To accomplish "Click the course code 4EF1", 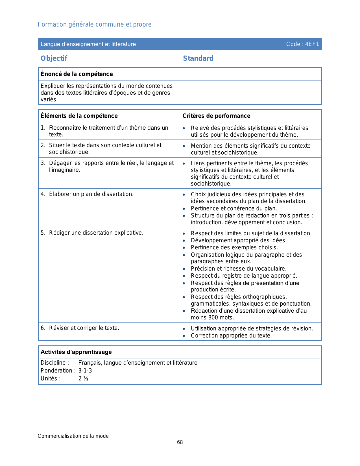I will [x=312, y=44].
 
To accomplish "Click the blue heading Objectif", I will [x=54, y=58].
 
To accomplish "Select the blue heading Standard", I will [x=198, y=58].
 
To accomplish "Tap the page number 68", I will [x=180, y=442].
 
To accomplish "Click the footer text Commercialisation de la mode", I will [x=73, y=436].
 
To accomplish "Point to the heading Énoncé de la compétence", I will [x=77, y=74].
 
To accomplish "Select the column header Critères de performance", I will [x=216, y=116].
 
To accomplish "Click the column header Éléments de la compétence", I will [x=79, y=116].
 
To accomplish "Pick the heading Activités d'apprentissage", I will [x=76, y=352].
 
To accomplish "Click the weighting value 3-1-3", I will [x=85, y=371].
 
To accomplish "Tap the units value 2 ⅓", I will [x=83, y=378].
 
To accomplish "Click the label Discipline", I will [x=54, y=363].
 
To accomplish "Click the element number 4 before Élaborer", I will [x=43, y=194].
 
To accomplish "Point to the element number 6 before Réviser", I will [x=43, y=328].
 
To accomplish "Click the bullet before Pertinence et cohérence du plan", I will [x=184, y=209].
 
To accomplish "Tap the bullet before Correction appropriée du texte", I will [x=184, y=336].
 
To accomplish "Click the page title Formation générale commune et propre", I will [x=95, y=25].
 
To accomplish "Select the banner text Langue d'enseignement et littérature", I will [x=88, y=44].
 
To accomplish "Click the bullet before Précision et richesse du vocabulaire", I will [x=184, y=269].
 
